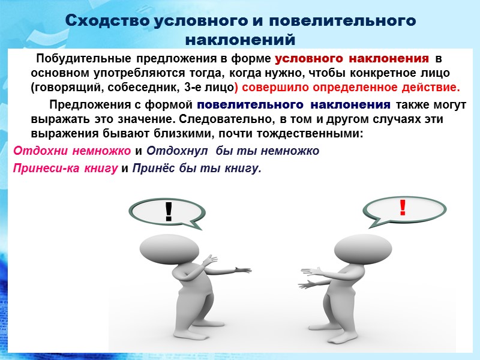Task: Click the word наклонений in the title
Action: (240, 40)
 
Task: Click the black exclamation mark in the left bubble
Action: (169, 211)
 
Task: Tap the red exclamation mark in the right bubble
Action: (402, 208)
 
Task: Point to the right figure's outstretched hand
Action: (307, 283)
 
